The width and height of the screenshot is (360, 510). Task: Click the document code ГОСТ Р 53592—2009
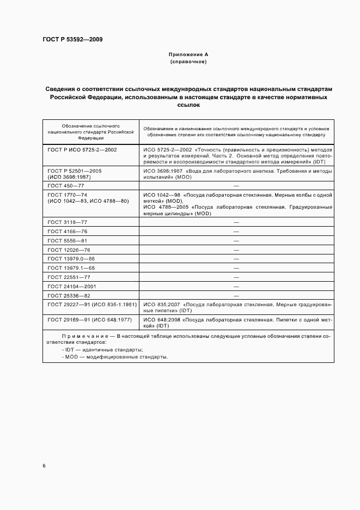click(x=72, y=40)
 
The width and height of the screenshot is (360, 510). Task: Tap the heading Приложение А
click(x=188, y=54)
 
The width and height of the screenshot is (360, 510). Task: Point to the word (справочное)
click(x=188, y=62)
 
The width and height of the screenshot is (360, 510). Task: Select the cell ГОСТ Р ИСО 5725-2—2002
click(x=82, y=149)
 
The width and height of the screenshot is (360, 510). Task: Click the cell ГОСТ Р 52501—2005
click(x=75, y=171)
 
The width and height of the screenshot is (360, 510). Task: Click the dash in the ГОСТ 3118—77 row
click(x=236, y=222)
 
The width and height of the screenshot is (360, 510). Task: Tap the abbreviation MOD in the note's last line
click(x=71, y=357)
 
